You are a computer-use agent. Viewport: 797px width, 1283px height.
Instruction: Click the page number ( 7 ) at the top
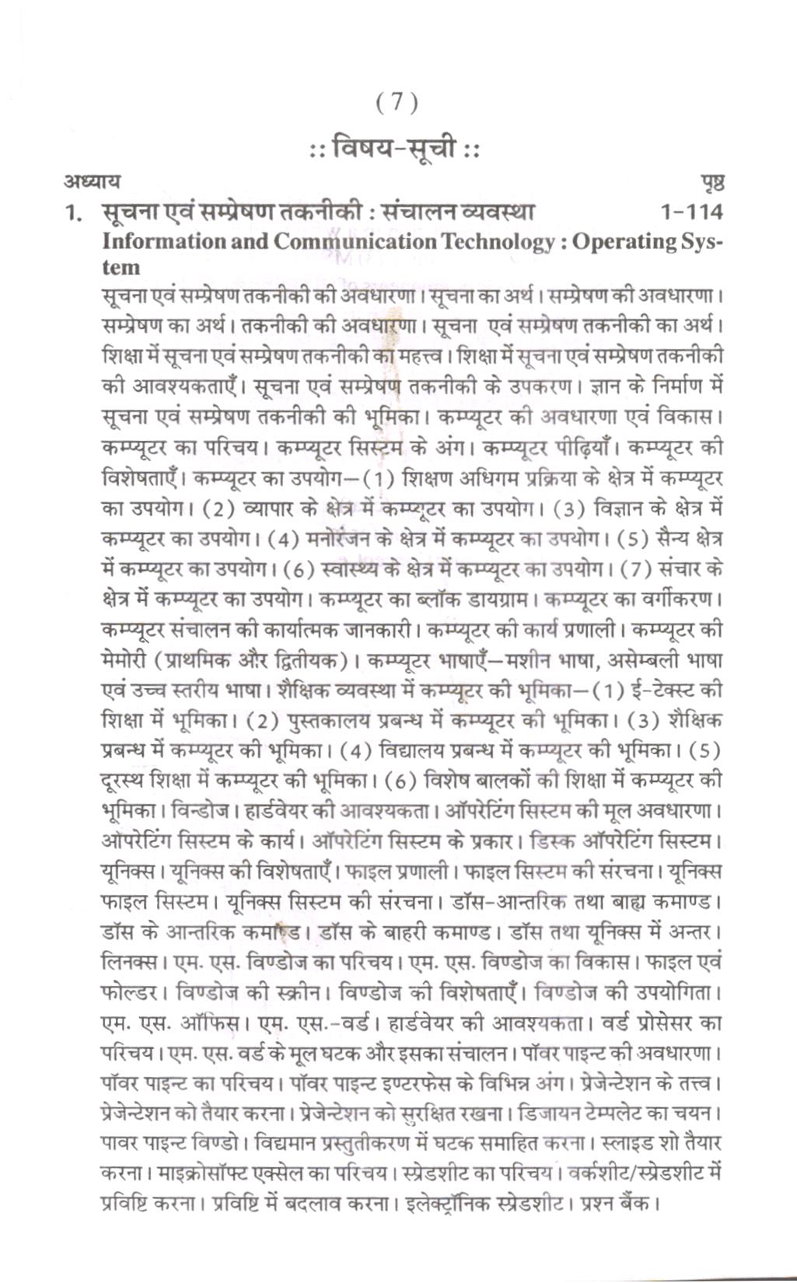(x=397, y=102)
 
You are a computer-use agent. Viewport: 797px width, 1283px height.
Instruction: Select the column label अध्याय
(x=92, y=182)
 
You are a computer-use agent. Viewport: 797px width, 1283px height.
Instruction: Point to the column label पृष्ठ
(x=712, y=184)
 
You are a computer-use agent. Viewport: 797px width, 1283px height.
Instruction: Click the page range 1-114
(x=690, y=212)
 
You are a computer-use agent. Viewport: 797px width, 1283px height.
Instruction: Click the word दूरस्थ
(x=124, y=781)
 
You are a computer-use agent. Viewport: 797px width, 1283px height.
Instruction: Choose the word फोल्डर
(x=131, y=993)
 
